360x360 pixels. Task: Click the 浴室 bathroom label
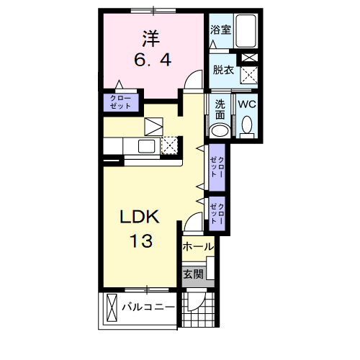coord(220,30)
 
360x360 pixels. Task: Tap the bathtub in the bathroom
coord(246,31)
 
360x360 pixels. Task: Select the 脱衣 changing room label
coord(223,70)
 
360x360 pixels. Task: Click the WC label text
coord(247,104)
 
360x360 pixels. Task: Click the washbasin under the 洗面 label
coord(220,131)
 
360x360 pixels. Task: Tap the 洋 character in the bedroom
coord(151,38)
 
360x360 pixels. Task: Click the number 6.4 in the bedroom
coord(153,60)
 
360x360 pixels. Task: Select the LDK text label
coord(140,217)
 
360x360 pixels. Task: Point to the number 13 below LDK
coord(141,240)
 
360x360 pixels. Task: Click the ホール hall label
coord(198,246)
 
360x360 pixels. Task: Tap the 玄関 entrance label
coord(194,274)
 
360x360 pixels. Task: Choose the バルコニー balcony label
coord(148,307)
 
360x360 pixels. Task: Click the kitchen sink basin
coord(146,146)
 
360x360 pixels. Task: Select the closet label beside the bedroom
coord(121,102)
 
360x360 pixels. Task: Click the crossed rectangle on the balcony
coord(112,307)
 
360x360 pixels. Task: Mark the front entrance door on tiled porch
coord(196,301)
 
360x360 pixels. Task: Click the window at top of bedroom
coord(153,11)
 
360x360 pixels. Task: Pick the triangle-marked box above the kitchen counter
coord(153,127)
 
